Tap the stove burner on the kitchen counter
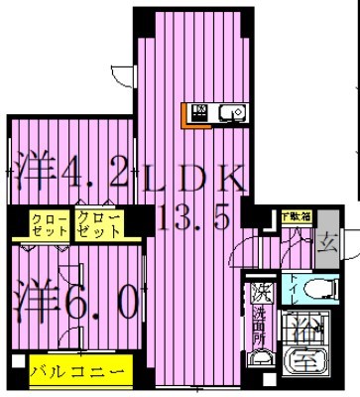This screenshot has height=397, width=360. pos(197,112)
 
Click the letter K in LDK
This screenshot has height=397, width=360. pos(228,179)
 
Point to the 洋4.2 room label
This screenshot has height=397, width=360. pos(69,176)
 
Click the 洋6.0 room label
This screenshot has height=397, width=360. pos(74,301)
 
